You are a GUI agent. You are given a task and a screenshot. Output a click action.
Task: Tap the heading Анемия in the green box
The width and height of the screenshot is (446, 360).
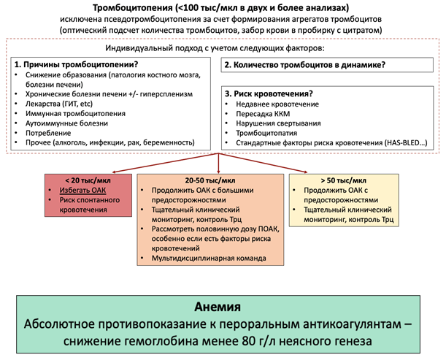point(223,306)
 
